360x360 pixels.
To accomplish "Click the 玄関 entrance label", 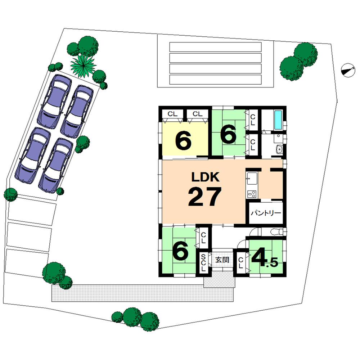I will (222, 260).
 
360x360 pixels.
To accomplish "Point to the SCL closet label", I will (203, 264).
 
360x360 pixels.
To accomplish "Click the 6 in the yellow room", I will (183, 141).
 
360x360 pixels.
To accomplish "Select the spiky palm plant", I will (84, 66).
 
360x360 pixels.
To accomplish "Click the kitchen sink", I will (251, 177).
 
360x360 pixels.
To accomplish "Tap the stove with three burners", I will (251, 194).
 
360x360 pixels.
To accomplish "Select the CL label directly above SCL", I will (203, 238).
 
